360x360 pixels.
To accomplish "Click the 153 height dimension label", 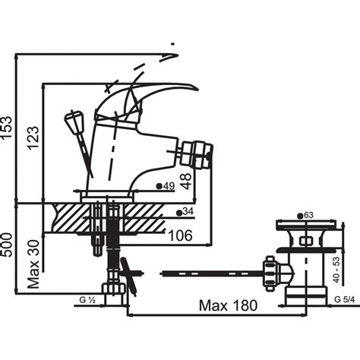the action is tap(6, 127).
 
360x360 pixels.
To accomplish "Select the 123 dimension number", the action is tap(33, 137).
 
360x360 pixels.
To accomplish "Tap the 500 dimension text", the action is tap(6, 245).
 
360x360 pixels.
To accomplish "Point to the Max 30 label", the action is tap(33, 264).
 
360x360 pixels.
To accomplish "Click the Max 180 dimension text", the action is tap(228, 305).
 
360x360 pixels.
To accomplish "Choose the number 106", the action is tap(180, 235).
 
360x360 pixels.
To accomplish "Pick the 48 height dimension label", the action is tap(187, 182).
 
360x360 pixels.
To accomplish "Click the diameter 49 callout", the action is tap(166, 186).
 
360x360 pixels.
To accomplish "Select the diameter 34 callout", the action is tap(185, 212).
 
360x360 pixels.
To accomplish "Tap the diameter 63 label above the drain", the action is tap(305, 216).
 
